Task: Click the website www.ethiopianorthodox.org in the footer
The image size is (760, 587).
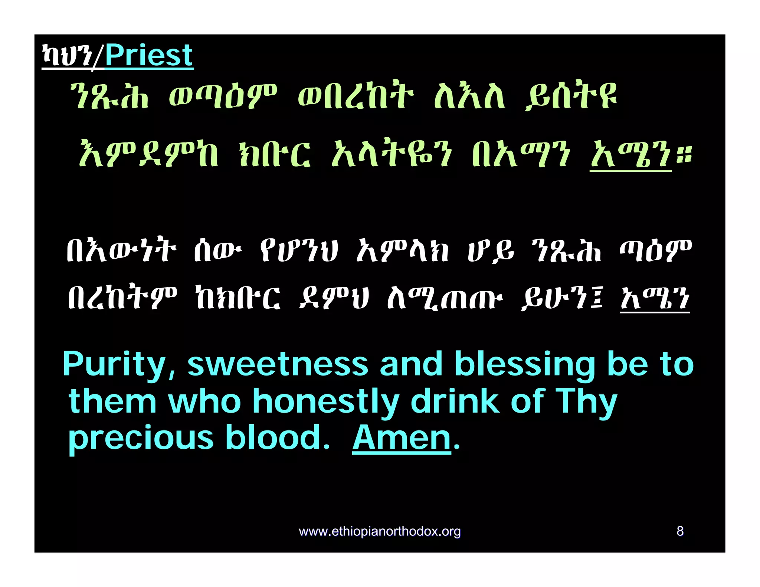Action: tap(380, 531)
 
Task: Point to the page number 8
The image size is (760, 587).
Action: tap(680, 531)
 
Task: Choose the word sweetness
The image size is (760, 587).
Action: tap(278, 364)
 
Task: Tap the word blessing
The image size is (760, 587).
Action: tap(525, 364)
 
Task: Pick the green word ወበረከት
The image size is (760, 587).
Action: tap(356, 96)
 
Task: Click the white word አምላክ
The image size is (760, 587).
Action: tap(403, 249)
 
